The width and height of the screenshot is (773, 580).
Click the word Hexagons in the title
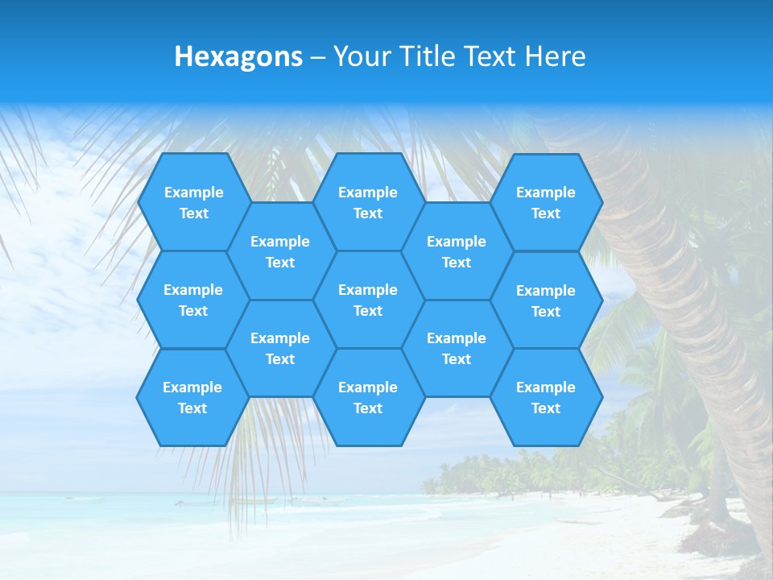(238, 56)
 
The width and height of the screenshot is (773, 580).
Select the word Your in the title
(357, 56)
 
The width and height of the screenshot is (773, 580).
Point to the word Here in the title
(555, 56)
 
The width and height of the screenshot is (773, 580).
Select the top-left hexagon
(193, 202)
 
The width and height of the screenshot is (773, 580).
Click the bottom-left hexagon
(192, 397)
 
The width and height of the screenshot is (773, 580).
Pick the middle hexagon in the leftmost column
(193, 300)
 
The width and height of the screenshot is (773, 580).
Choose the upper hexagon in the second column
(280, 251)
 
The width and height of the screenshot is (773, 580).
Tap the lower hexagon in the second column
(280, 348)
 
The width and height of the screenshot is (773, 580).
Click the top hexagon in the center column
(368, 202)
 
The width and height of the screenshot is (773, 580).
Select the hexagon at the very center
(368, 300)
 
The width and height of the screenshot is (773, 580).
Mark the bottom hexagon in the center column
(368, 397)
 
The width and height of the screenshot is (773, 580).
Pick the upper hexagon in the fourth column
(457, 251)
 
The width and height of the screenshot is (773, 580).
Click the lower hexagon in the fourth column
(457, 348)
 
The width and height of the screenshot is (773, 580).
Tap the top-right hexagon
(546, 202)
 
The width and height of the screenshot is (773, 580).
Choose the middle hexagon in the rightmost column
(546, 300)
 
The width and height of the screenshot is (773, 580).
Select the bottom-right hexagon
(546, 397)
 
